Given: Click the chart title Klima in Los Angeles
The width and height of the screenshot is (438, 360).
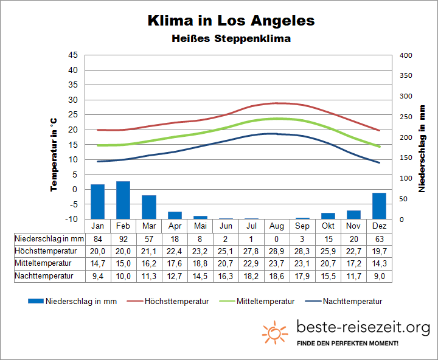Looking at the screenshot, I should click(x=231, y=20).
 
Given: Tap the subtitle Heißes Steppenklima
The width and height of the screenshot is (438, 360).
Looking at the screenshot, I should click(x=231, y=38).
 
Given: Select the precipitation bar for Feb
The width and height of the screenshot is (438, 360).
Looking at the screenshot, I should click(x=123, y=200).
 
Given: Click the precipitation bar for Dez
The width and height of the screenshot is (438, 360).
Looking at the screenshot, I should click(x=379, y=206).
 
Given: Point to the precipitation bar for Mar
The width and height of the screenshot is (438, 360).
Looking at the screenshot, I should click(x=149, y=207).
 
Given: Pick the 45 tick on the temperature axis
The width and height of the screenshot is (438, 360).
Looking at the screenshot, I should click(x=73, y=55).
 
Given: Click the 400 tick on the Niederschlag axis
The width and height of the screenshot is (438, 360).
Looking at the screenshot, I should click(x=406, y=55).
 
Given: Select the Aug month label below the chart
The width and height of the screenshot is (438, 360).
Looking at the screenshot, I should click(x=277, y=226).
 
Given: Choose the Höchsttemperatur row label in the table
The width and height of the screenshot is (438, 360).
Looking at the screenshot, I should click(x=46, y=251).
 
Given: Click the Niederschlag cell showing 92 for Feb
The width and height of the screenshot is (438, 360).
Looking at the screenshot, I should click(x=123, y=238).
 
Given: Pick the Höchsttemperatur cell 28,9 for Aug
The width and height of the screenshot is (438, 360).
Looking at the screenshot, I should click(x=277, y=251).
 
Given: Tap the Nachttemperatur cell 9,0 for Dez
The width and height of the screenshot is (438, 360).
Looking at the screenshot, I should click(x=379, y=275).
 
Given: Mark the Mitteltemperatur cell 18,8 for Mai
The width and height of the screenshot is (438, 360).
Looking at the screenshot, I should click(x=200, y=263).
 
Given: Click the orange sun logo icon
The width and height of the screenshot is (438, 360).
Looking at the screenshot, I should click(x=275, y=333).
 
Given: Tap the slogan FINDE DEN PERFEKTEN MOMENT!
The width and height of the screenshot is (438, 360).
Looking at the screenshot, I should click(x=348, y=344).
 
